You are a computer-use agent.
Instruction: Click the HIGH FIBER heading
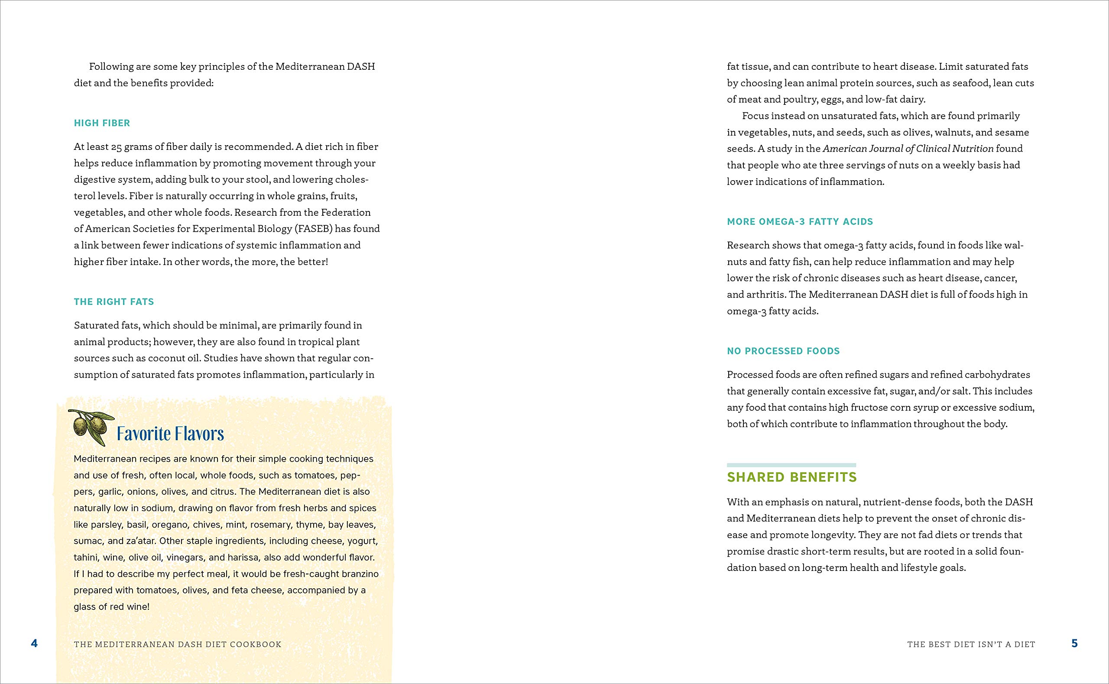(102, 123)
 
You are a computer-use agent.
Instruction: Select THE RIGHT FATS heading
(114, 302)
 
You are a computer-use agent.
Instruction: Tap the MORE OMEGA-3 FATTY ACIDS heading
(800, 222)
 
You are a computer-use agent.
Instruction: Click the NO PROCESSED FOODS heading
(783, 351)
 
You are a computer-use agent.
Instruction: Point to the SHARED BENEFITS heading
(791, 477)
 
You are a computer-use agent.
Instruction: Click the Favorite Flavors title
(170, 434)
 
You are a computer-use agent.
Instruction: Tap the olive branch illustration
(91, 427)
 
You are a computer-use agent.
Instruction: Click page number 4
(34, 643)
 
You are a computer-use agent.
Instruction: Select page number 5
(1075, 643)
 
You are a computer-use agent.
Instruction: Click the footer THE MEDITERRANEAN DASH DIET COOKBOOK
(177, 644)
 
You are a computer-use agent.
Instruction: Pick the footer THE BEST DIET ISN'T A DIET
(971, 644)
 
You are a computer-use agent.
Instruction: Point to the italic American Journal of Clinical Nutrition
(908, 149)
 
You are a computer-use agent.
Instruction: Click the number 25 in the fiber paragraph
(116, 147)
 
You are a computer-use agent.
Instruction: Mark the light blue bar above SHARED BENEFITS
(791, 465)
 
